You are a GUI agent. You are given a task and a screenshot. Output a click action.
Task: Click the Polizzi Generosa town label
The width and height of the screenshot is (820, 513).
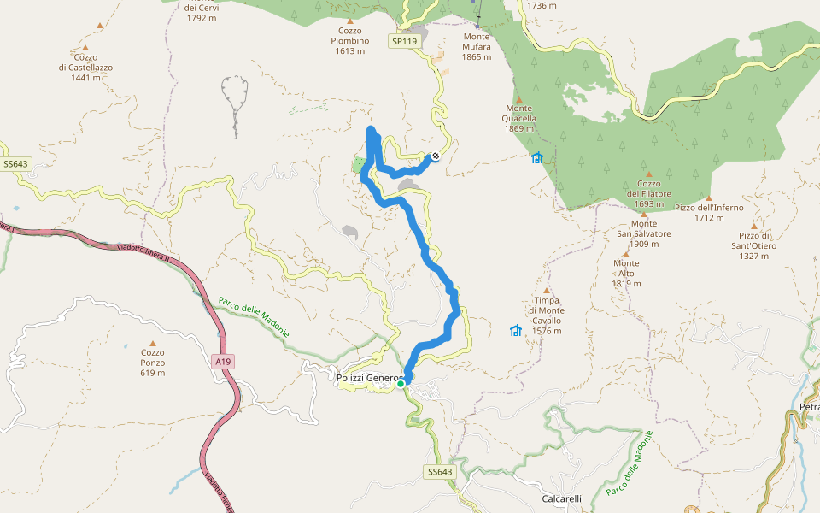[x=367, y=378]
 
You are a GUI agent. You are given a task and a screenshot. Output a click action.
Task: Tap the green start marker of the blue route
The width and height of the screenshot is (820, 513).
[x=401, y=384]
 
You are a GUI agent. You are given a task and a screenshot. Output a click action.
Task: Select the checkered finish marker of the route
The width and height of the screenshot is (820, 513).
[x=436, y=156]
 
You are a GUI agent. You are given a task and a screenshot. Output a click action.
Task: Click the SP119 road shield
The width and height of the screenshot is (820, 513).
[x=404, y=41]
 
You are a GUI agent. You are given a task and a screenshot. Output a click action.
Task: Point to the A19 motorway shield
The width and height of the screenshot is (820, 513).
[x=223, y=363]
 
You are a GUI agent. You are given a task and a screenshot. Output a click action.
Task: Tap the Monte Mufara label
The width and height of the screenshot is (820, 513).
[x=477, y=47]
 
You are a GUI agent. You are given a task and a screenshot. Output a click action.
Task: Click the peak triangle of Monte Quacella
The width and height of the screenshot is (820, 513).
[x=518, y=100]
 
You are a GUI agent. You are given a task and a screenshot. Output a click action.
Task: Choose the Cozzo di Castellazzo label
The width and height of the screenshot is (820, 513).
[x=85, y=68]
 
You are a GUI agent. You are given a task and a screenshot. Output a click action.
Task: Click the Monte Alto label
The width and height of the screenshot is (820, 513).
[x=626, y=274]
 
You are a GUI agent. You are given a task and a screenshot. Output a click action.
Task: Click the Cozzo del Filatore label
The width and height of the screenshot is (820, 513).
[x=650, y=194]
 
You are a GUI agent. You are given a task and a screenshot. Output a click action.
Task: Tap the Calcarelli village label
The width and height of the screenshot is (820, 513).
[x=561, y=498]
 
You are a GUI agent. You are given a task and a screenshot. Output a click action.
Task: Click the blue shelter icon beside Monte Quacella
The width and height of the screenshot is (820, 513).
[x=537, y=158]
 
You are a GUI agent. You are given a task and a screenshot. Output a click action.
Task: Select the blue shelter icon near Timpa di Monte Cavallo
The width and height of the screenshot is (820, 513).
[x=516, y=331]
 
